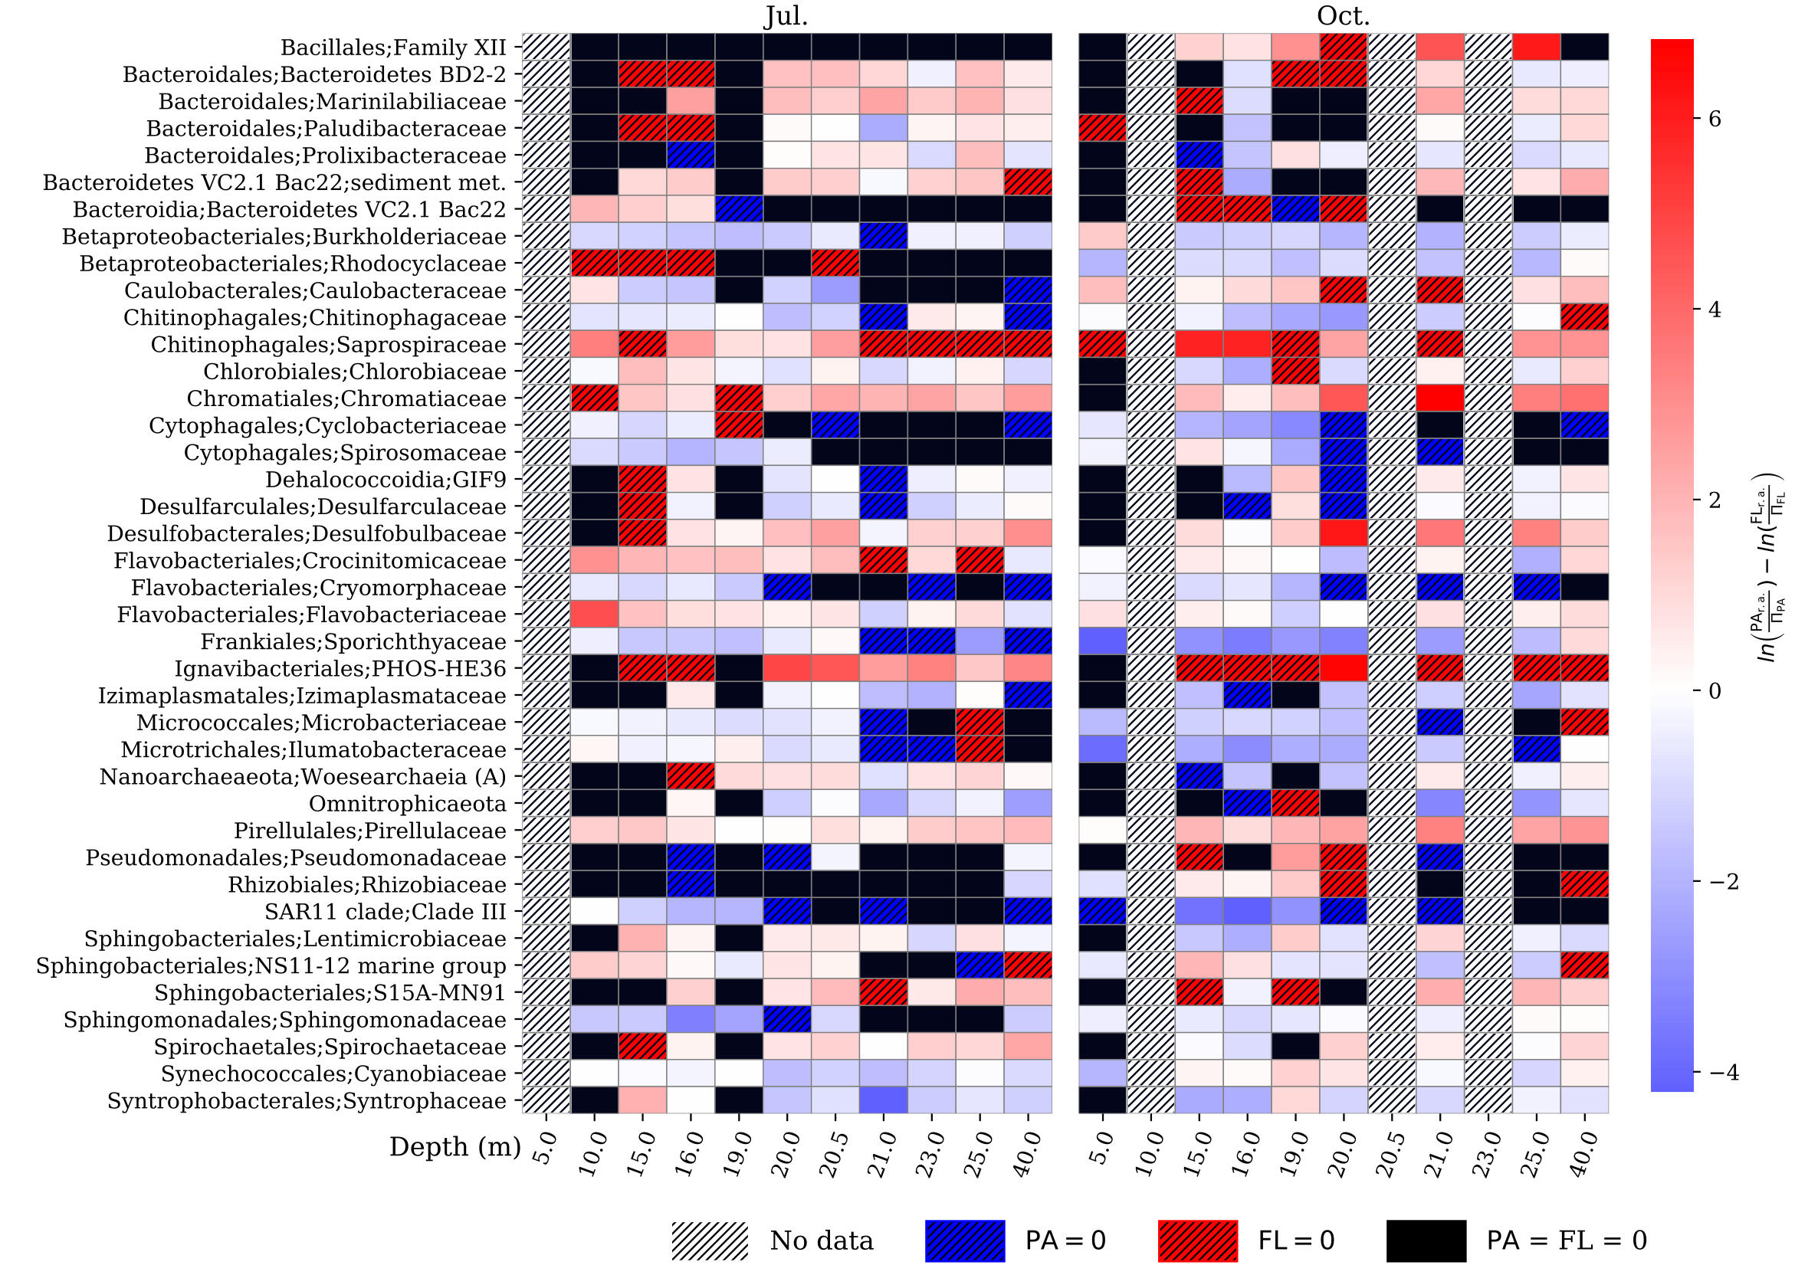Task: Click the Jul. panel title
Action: [786, 16]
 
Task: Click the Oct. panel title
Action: [1343, 16]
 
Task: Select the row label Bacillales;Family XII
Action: [392, 48]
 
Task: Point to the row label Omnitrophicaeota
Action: [407, 804]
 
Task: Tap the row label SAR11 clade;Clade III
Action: [385, 912]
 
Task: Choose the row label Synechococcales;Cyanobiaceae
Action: [333, 1074]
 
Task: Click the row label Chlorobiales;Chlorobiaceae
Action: [355, 372]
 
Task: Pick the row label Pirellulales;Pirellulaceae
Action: [369, 831]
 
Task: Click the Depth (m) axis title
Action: [454, 1146]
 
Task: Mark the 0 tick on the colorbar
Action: [1715, 691]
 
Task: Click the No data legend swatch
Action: [710, 1241]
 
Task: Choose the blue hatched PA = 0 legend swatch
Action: [964, 1241]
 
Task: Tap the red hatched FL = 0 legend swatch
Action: [1197, 1241]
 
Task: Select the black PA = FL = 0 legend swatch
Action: [1426, 1241]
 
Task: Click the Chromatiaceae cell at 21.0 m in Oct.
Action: [1440, 398]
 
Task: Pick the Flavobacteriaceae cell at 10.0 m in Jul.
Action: [595, 615]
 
